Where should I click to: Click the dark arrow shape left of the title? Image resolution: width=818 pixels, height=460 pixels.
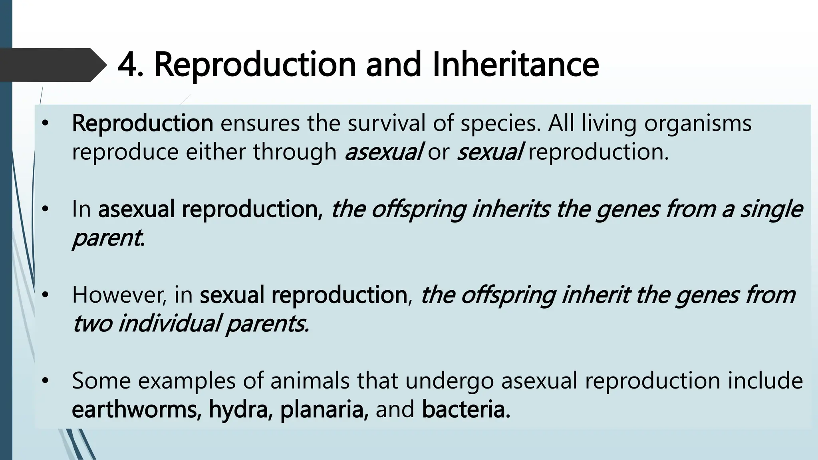click(52, 65)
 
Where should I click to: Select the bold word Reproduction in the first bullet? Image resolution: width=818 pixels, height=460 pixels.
click(143, 123)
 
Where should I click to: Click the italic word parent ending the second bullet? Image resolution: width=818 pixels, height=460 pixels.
click(107, 238)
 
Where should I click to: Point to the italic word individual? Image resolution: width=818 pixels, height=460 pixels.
click(169, 323)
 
